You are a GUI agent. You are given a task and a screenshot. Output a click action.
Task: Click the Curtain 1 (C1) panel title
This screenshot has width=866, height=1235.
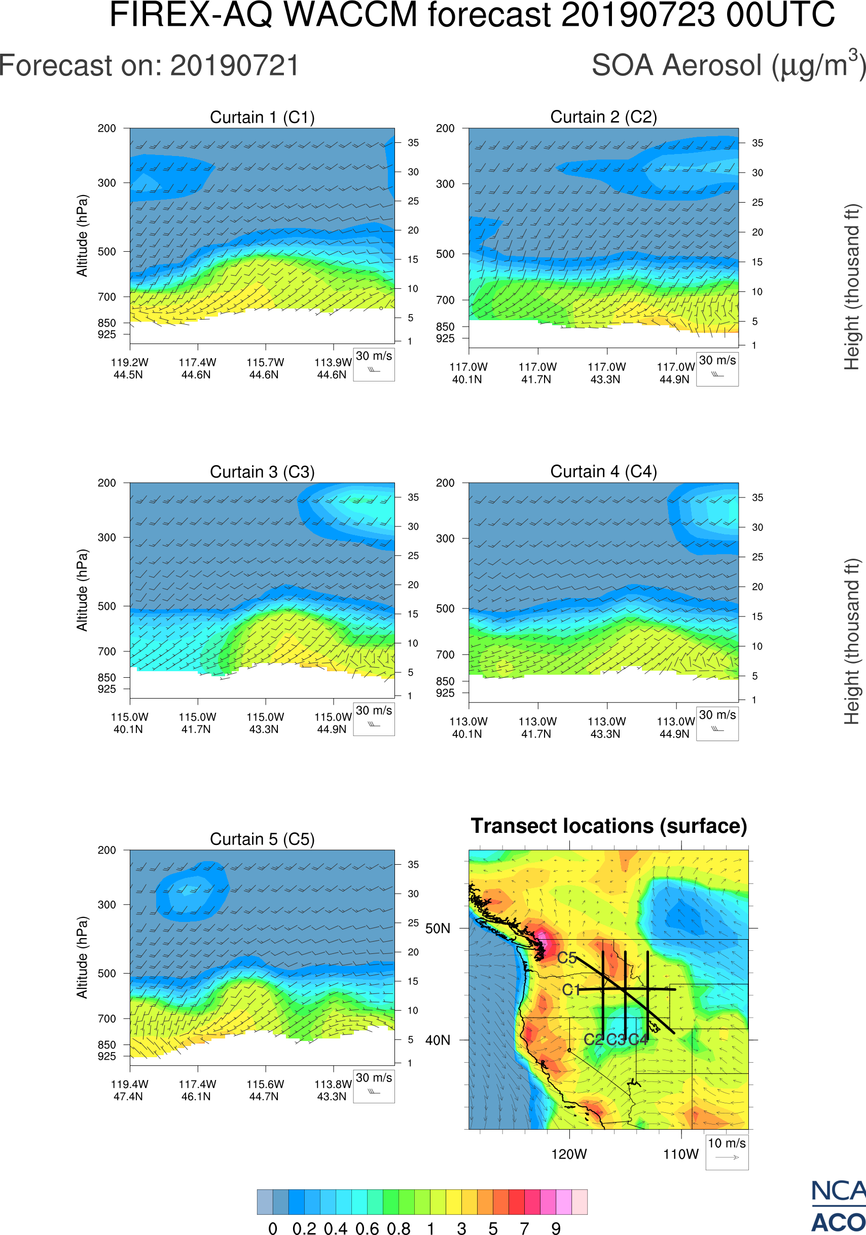262,117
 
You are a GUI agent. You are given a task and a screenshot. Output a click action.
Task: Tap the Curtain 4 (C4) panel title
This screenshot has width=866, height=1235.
603,472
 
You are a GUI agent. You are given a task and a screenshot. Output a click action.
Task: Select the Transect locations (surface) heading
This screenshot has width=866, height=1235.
609,826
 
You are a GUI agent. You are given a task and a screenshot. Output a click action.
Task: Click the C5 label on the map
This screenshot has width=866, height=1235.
567,958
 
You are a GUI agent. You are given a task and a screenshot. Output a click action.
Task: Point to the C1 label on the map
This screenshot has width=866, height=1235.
570,990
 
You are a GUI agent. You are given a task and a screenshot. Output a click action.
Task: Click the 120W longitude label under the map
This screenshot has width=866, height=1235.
569,1154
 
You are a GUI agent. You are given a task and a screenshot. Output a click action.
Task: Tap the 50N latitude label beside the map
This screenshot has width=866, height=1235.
438,929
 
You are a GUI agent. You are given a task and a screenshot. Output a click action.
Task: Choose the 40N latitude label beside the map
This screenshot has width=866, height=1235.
438,1040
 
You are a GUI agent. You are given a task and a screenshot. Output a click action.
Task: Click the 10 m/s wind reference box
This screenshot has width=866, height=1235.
727,1151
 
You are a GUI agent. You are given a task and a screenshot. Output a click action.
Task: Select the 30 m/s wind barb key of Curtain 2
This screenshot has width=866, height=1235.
717,368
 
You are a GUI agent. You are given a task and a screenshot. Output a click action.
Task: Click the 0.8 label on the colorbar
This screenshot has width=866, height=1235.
399,1228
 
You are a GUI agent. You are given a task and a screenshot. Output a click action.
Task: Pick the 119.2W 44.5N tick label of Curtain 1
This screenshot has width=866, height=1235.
129,368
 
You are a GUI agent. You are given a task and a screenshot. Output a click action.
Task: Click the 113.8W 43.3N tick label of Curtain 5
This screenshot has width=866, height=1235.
333,1090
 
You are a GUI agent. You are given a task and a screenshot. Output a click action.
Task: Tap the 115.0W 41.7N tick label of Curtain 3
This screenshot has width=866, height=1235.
197,723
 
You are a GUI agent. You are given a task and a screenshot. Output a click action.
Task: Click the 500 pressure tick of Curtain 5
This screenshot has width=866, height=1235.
106,973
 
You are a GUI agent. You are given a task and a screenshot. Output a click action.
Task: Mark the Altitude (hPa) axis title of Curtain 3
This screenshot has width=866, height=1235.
82,590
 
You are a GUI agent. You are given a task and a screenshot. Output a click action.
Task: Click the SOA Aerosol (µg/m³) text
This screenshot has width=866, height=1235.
728,66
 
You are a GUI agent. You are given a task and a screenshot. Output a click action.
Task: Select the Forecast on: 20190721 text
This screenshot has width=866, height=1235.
149,66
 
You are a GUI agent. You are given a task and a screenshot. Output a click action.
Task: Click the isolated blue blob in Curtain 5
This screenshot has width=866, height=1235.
192,891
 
